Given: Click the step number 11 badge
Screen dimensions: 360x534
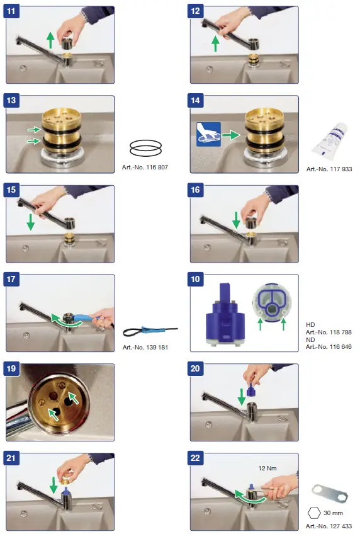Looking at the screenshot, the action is (11, 11).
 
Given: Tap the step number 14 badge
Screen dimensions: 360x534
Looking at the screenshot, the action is (195, 100).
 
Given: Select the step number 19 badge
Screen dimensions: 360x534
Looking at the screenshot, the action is (11, 368).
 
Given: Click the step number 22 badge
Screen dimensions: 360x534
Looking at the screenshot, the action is (195, 458).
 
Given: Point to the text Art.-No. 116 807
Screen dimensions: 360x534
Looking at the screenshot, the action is (145, 168).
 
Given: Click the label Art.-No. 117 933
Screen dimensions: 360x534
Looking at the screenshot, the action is (329, 169).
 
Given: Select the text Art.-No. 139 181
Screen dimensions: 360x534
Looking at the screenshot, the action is (145, 348).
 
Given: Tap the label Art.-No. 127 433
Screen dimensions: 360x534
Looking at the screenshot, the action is (329, 526).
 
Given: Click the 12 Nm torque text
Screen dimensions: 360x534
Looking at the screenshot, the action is (267, 469).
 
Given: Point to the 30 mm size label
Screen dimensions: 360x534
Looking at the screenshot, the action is (333, 513).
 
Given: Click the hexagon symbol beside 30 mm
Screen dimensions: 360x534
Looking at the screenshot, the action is (314, 513).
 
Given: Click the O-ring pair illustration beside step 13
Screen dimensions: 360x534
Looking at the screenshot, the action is (145, 148).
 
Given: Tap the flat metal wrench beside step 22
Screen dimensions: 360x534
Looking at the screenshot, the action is (329, 494).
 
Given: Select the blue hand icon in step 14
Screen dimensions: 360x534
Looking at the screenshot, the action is (208, 135).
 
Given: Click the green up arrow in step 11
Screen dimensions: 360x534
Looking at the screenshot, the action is (50, 40).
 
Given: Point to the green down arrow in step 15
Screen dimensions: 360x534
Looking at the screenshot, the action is (31, 222).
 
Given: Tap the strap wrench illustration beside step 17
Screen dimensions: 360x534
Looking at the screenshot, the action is (150, 331).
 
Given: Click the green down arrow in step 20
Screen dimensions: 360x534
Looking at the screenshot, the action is (242, 397).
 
